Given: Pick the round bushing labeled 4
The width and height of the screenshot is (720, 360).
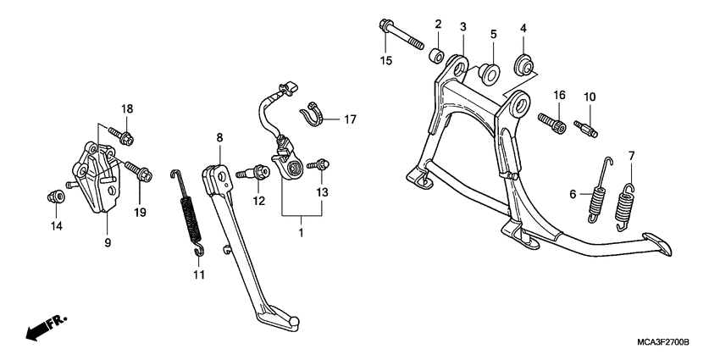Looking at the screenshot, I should point(523,65).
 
